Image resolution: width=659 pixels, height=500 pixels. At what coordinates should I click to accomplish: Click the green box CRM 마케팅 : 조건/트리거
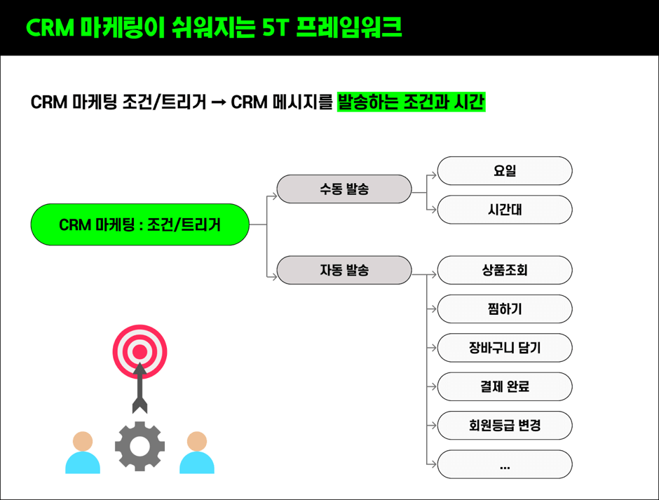tap(140, 224)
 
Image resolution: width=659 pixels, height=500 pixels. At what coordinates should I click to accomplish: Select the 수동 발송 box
tap(344, 189)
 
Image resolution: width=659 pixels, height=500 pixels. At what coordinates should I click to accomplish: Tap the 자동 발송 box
tap(344, 270)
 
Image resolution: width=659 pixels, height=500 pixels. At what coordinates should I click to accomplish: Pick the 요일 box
tap(505, 170)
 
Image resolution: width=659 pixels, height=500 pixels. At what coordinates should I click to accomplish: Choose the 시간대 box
tap(505, 210)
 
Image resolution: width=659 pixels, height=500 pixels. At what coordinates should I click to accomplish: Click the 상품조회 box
tap(505, 270)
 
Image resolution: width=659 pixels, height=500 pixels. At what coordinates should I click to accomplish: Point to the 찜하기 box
tap(505, 309)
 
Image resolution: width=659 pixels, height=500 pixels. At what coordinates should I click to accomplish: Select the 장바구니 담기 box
tap(505, 348)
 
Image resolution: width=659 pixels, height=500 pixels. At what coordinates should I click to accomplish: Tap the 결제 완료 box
tap(505, 386)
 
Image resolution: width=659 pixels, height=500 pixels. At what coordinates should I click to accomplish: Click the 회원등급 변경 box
tap(505, 426)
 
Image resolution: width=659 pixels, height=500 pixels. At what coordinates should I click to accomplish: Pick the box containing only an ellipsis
tap(505, 464)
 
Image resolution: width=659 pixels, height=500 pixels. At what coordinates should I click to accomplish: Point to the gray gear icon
tap(140, 446)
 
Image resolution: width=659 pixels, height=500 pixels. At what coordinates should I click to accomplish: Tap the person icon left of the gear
tap(83, 452)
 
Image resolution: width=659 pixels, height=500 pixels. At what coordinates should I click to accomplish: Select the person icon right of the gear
tap(197, 452)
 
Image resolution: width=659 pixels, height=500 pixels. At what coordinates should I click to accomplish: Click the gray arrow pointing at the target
tap(140, 388)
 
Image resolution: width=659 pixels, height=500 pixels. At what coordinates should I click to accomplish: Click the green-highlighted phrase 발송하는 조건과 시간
tap(412, 102)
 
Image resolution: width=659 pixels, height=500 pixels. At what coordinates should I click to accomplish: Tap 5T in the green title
tap(275, 28)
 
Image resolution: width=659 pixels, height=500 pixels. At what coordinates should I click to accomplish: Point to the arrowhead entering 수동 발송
tap(273, 196)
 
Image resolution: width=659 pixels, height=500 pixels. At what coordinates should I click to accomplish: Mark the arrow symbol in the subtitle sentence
tap(219, 102)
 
